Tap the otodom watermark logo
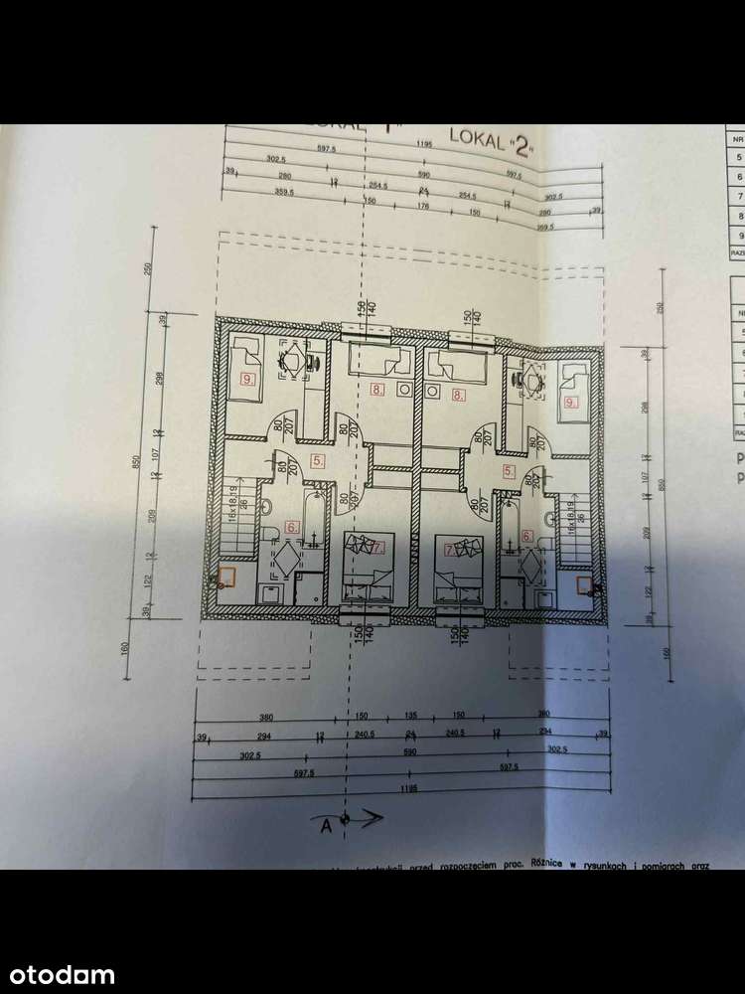coord(58,975)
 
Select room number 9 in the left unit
coord(246,379)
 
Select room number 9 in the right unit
coord(569,403)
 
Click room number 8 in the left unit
coord(375,390)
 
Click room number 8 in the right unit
coord(458,395)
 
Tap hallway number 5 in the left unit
coord(316,460)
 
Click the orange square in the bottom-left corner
coord(227,576)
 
